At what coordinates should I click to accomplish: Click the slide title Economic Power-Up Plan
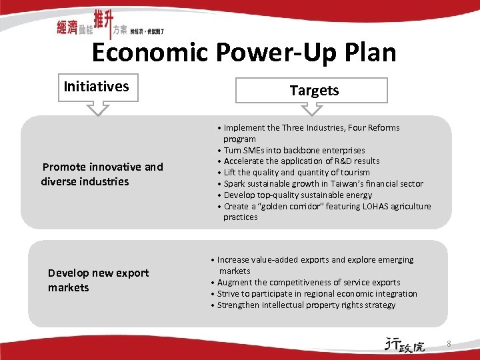click(243, 52)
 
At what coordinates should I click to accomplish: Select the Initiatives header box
click(97, 87)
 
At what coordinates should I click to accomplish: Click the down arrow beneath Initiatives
click(98, 107)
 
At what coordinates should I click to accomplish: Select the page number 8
click(449, 344)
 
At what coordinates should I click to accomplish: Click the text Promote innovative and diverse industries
click(102, 174)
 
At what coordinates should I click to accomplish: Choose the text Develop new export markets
click(98, 280)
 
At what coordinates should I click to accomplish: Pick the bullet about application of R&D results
click(301, 161)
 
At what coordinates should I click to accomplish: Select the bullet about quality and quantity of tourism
click(297, 172)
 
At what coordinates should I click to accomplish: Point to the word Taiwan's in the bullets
click(341, 183)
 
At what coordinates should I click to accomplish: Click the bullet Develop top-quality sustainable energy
click(297, 195)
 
